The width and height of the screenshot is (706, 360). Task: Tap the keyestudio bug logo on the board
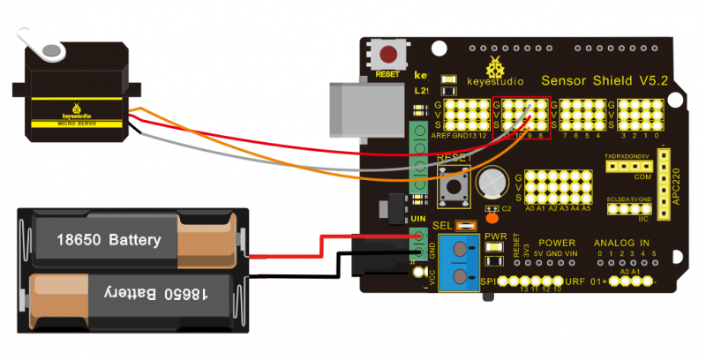point(499,67)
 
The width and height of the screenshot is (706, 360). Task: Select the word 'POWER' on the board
point(557,242)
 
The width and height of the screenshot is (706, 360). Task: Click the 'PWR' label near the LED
point(495,236)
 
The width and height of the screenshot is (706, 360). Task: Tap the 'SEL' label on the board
point(443,225)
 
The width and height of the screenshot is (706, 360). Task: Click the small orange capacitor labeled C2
point(492,217)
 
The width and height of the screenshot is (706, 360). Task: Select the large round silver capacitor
point(489,184)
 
